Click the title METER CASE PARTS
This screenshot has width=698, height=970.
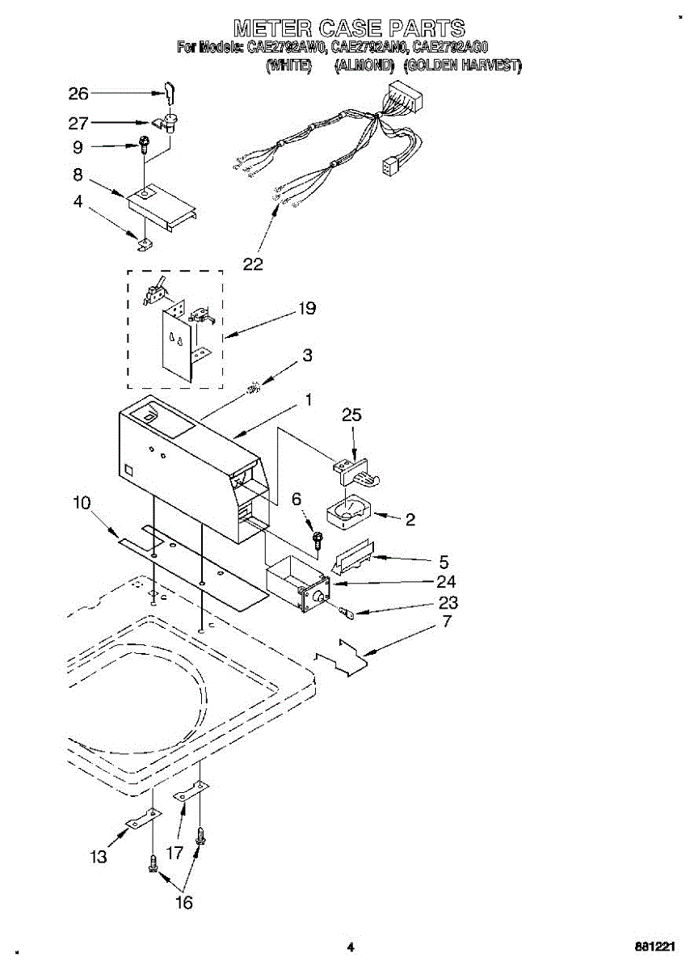tap(349, 27)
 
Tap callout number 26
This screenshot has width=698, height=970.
tap(78, 94)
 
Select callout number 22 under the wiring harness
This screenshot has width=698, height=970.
tap(253, 264)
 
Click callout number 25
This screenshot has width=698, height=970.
tap(351, 415)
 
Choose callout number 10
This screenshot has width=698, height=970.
tap(82, 503)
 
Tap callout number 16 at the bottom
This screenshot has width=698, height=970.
tap(184, 903)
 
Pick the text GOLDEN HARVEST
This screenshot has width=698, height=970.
tap(462, 66)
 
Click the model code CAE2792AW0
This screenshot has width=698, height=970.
tap(287, 48)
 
